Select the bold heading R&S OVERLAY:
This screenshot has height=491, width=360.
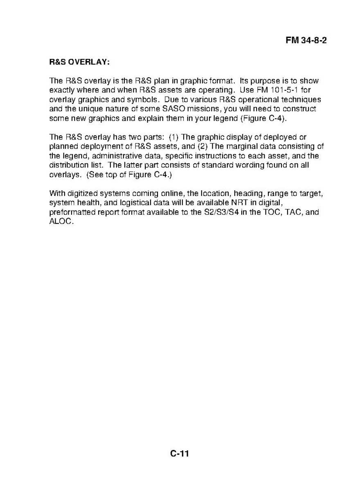pos(79,63)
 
